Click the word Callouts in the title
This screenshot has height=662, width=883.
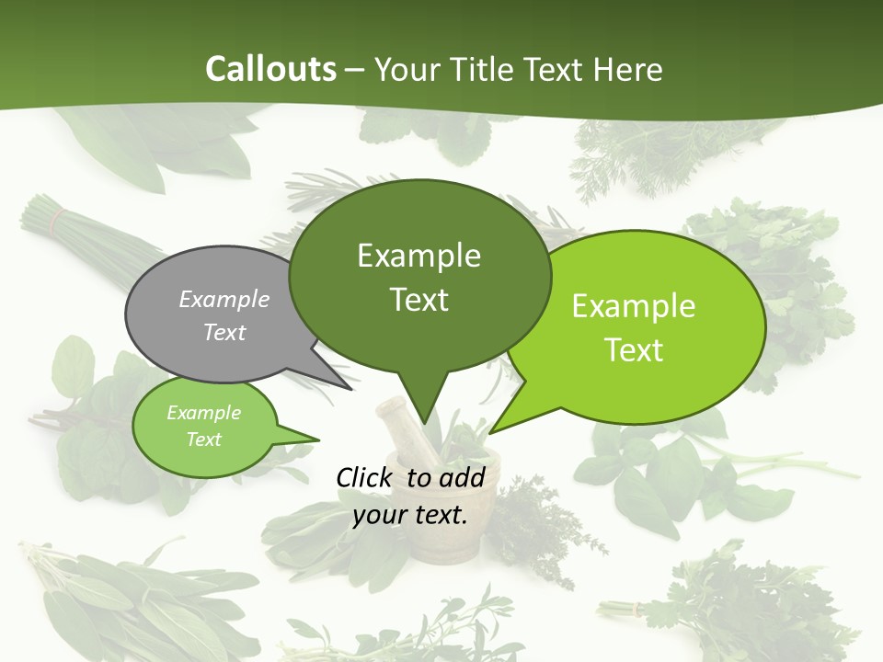(x=270, y=69)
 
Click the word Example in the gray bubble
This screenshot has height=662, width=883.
(x=224, y=300)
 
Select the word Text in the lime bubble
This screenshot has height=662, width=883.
(x=634, y=350)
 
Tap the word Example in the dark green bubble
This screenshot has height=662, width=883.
(x=419, y=256)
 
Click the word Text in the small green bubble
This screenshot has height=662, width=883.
(x=203, y=439)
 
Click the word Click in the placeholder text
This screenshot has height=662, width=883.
(x=365, y=477)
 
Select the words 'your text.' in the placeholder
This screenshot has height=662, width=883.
(x=410, y=515)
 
